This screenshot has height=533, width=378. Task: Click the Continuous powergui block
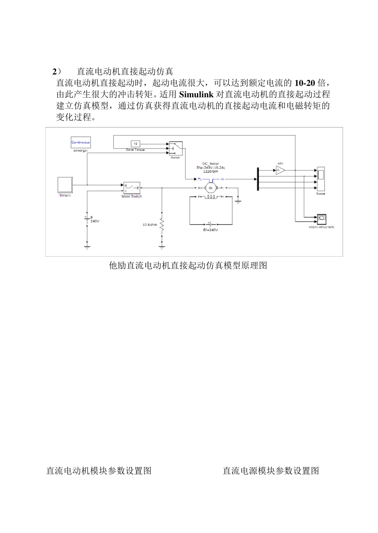pyautogui.click(x=80, y=142)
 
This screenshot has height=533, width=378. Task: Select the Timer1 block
pyautogui.click(x=65, y=185)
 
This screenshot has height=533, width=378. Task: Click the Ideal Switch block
pyautogui.click(x=131, y=187)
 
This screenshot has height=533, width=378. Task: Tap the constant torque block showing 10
pyautogui.click(x=135, y=143)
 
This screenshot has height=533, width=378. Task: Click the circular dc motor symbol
pyautogui.click(x=211, y=187)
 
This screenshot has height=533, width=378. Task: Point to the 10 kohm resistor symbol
pyautogui.click(x=162, y=225)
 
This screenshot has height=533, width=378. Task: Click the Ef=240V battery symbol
pyautogui.click(x=210, y=224)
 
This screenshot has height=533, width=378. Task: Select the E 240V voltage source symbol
pyautogui.click(x=87, y=219)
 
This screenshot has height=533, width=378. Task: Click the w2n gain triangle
pyautogui.click(x=280, y=170)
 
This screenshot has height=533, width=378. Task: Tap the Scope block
pyautogui.click(x=320, y=179)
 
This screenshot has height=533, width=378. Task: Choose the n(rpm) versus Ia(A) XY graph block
pyautogui.click(x=321, y=218)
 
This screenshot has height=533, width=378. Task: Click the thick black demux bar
pyautogui.click(x=258, y=179)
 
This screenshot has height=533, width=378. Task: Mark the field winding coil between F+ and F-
pyautogui.click(x=211, y=197)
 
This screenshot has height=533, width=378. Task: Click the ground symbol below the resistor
pyautogui.click(x=162, y=247)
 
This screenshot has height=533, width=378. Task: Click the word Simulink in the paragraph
pyautogui.click(x=197, y=95)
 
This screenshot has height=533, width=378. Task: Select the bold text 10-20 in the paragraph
pyautogui.click(x=304, y=83)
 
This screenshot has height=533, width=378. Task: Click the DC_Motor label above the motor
pyautogui.click(x=211, y=164)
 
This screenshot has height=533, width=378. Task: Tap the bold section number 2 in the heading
pyautogui.click(x=55, y=72)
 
